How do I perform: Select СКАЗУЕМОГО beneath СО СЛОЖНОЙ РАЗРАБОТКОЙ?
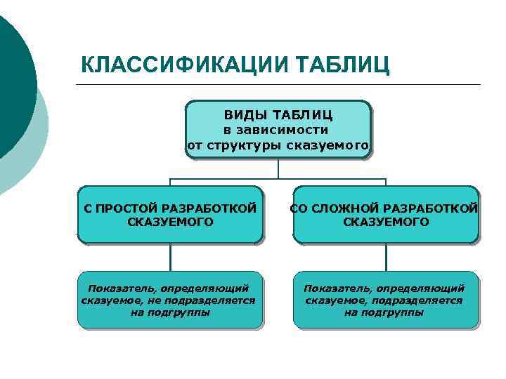click(x=386, y=222)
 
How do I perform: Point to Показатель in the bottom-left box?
click(x=121, y=288)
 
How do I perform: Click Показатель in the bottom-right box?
click(x=337, y=288)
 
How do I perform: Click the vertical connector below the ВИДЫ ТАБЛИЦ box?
click(x=278, y=168)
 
